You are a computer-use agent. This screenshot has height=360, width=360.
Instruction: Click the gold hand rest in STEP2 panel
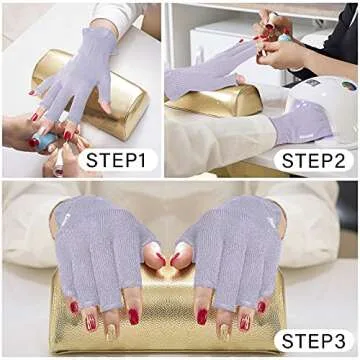215,100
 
